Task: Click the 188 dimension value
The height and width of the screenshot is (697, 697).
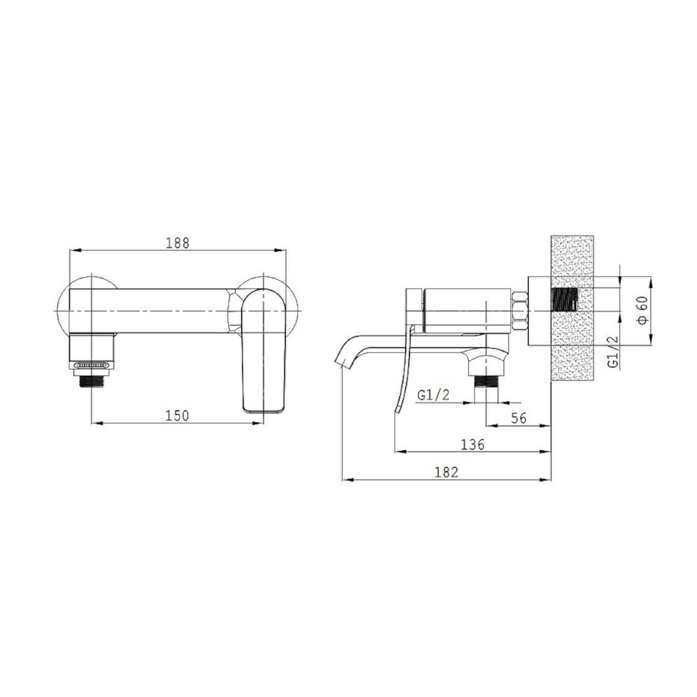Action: pyautogui.click(x=178, y=243)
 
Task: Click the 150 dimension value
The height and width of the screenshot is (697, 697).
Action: pyautogui.click(x=178, y=415)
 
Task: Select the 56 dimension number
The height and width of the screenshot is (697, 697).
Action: pyautogui.click(x=519, y=418)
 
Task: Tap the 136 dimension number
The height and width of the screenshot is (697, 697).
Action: pyautogui.click(x=473, y=445)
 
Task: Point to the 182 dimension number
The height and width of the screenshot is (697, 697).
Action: pyautogui.click(x=447, y=472)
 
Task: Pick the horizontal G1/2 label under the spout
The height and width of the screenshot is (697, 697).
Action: pyautogui.click(x=434, y=395)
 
